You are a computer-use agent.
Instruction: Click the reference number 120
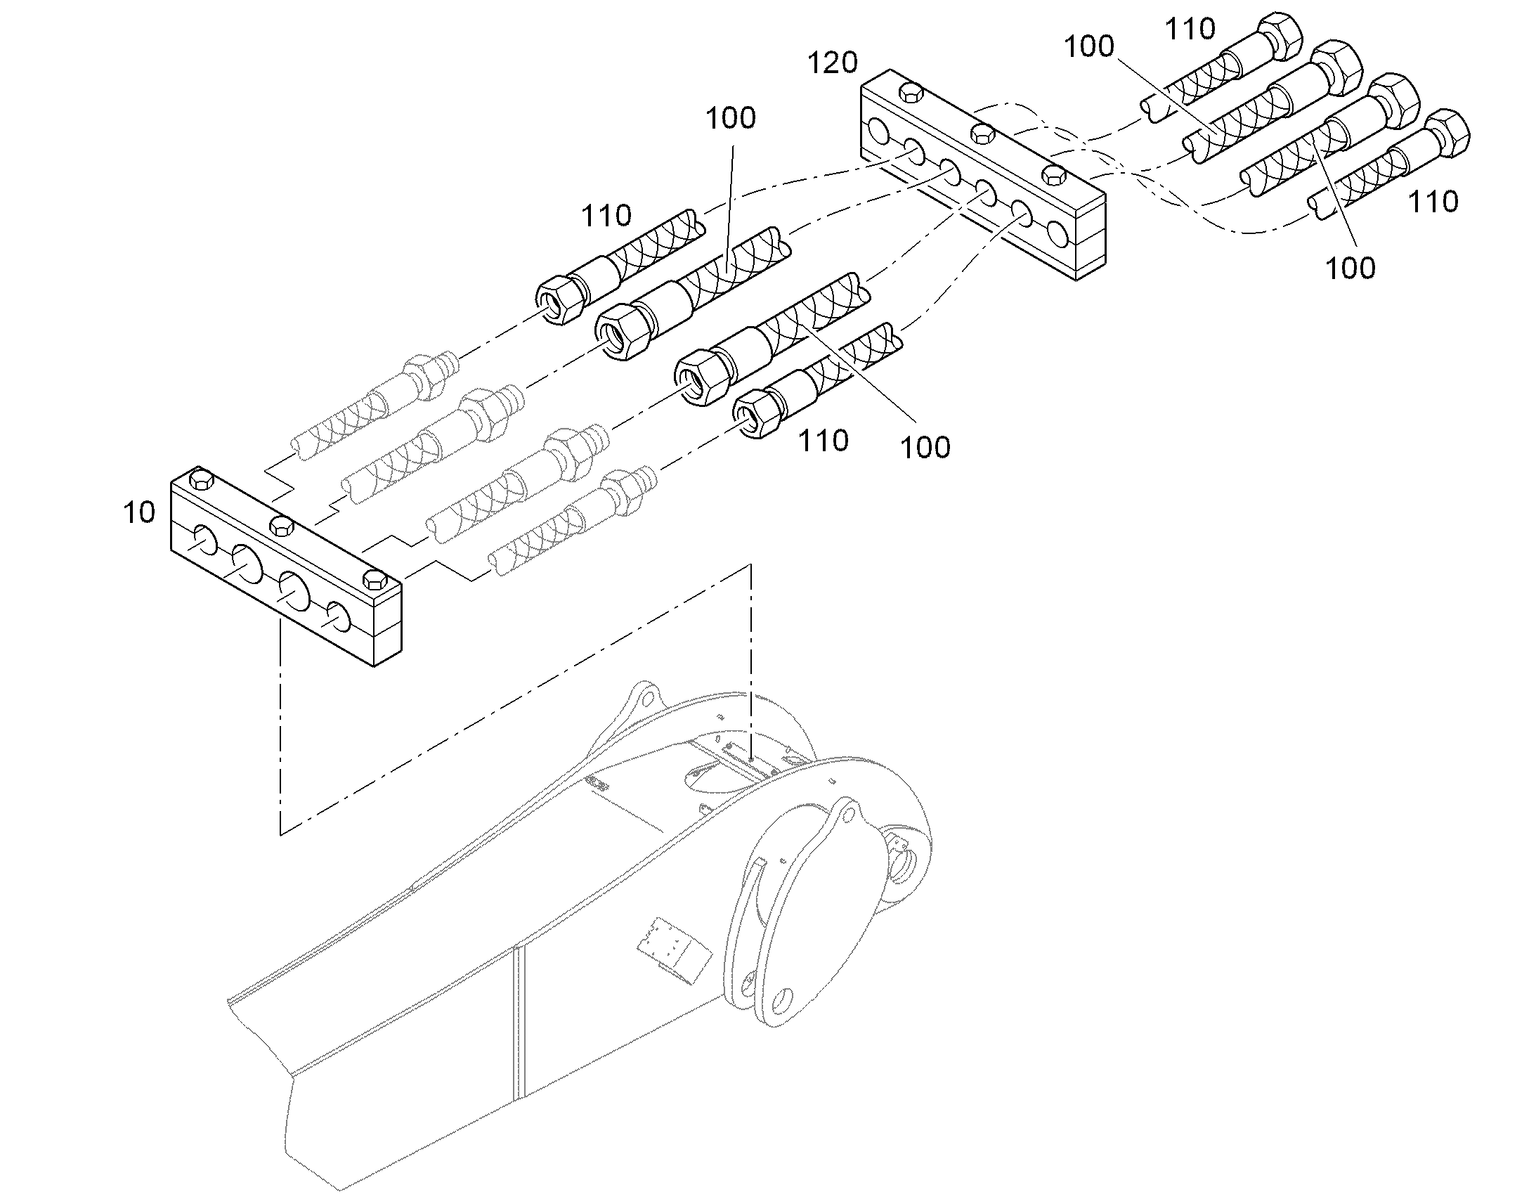click(x=832, y=63)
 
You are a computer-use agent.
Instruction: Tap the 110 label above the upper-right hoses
click(x=1190, y=29)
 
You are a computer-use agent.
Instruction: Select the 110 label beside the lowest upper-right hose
click(x=1433, y=202)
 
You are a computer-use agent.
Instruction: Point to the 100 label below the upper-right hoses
click(x=1350, y=268)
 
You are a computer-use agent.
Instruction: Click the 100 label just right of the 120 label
click(x=1088, y=46)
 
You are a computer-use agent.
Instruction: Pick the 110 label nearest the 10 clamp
click(x=606, y=215)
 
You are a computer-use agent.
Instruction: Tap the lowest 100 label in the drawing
click(x=926, y=447)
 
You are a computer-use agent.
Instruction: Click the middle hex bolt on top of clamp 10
click(x=282, y=525)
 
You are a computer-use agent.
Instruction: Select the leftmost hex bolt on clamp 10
click(x=202, y=480)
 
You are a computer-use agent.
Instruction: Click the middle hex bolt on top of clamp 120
click(x=982, y=132)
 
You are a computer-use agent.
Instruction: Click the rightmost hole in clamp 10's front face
click(x=338, y=618)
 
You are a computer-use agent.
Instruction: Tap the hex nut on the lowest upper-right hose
click(x=1447, y=132)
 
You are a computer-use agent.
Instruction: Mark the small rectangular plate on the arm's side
click(x=674, y=949)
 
